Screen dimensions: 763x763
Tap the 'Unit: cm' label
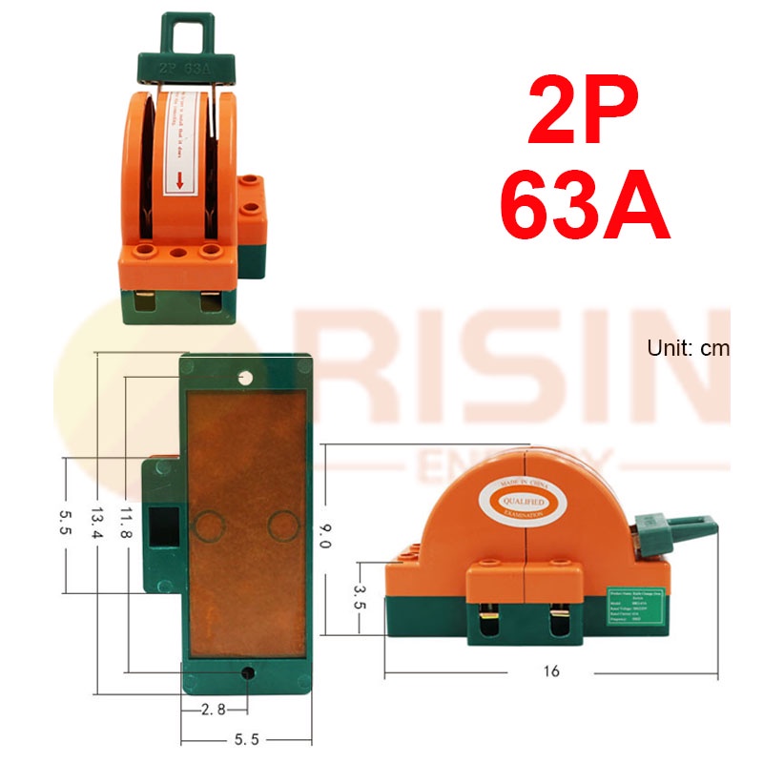(x=687, y=348)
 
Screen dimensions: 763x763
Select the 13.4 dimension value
(x=95, y=523)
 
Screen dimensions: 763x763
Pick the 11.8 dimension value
(x=126, y=523)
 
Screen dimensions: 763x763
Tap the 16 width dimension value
(x=550, y=671)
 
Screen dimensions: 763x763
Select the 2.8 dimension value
(x=214, y=710)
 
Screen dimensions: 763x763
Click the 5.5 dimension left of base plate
(x=65, y=523)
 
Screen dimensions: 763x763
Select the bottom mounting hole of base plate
(x=248, y=672)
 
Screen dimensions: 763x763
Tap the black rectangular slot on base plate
(x=168, y=526)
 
